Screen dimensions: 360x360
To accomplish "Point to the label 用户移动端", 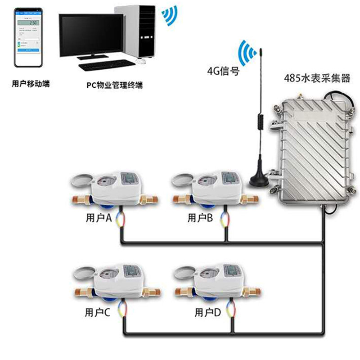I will pos(31,84).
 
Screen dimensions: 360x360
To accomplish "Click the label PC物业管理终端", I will pos(114,84).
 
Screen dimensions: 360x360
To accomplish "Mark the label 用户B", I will pos(200,218).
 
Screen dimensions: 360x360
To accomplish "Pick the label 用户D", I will pos(207,312).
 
